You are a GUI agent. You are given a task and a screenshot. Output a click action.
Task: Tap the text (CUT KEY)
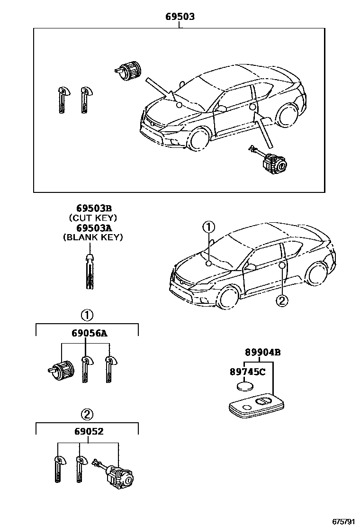click(x=93, y=218)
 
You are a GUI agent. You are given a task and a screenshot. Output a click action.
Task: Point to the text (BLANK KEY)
click(x=93, y=237)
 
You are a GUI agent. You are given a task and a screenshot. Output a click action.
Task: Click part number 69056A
click(x=90, y=333)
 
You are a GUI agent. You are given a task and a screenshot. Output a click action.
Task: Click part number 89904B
click(x=263, y=352)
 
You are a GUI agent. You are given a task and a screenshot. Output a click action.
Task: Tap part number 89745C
click(x=247, y=372)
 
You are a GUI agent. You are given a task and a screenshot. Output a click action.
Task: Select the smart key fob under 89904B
click(x=256, y=407)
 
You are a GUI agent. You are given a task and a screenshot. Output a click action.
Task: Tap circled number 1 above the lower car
click(x=209, y=227)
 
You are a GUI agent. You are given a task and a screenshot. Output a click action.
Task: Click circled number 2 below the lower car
click(x=281, y=300)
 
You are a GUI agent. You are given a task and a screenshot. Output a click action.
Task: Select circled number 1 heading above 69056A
click(x=87, y=315)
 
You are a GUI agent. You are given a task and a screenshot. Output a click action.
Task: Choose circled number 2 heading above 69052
click(x=87, y=414)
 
